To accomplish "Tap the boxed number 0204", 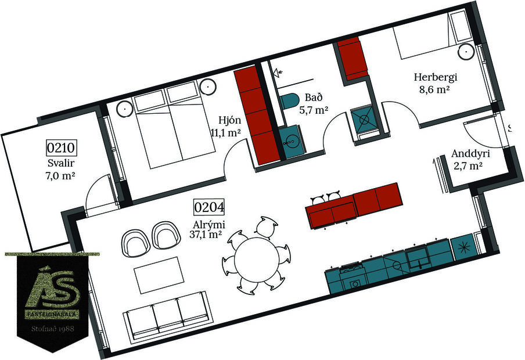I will pos(209,207).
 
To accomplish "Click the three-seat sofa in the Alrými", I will pos(167,317).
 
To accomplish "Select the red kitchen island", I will pos(354,204).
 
